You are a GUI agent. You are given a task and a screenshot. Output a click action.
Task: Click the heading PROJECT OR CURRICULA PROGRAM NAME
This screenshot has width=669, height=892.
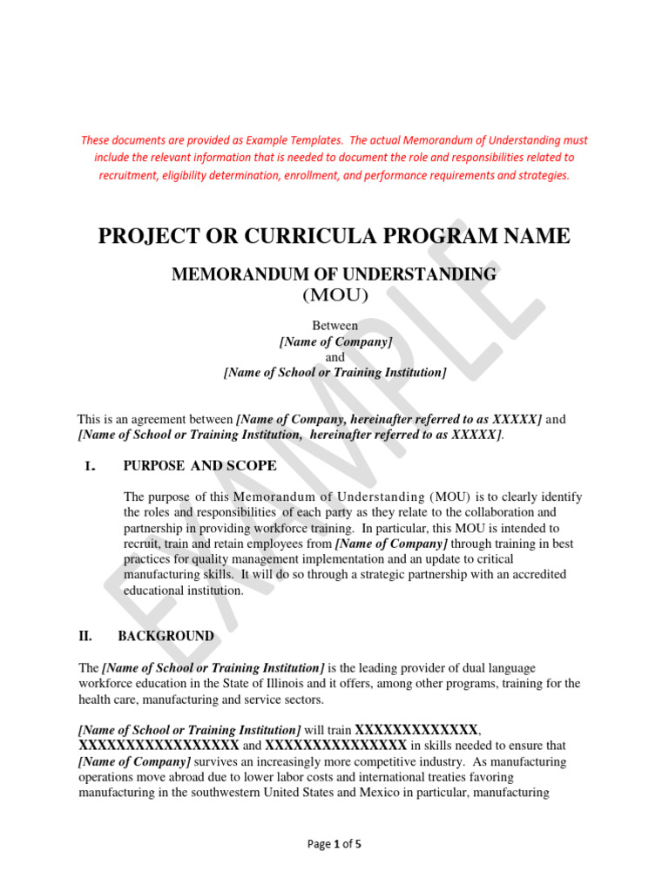[x=334, y=235]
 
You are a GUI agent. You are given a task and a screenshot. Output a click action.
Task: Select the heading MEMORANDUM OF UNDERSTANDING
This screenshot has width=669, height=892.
[x=334, y=275]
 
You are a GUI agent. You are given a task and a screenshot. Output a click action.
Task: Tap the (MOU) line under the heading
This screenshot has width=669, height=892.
[x=335, y=296]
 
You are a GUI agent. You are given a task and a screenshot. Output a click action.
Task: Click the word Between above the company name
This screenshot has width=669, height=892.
[x=335, y=325]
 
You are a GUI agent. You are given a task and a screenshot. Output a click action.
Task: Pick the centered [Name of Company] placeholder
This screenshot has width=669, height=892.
[x=335, y=341]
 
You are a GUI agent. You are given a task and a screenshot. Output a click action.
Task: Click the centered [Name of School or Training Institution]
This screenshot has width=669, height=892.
[x=335, y=373]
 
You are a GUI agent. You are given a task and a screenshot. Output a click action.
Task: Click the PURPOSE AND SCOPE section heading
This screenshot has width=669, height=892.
[x=200, y=466]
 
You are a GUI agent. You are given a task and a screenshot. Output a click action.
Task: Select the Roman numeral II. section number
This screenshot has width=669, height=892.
[x=85, y=637]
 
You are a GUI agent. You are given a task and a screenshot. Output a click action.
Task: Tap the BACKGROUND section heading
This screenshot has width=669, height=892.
[x=166, y=637]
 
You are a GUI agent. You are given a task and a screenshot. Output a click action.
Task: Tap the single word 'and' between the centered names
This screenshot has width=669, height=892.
[x=335, y=357]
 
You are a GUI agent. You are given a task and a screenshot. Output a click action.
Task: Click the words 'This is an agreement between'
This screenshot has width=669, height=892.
[x=155, y=420]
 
